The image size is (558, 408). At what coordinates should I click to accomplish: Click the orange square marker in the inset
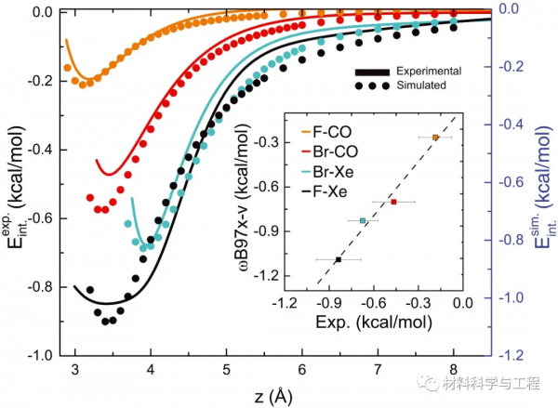pos(435,138)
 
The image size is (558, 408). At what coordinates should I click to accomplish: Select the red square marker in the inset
pos(393,202)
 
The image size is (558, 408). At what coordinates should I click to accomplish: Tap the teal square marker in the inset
pos(363,220)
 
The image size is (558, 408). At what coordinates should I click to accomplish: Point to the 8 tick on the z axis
pos(453,370)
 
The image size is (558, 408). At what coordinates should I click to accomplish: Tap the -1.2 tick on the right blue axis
pos(514,356)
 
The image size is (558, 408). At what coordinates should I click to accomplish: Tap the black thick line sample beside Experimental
pos(371,72)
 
